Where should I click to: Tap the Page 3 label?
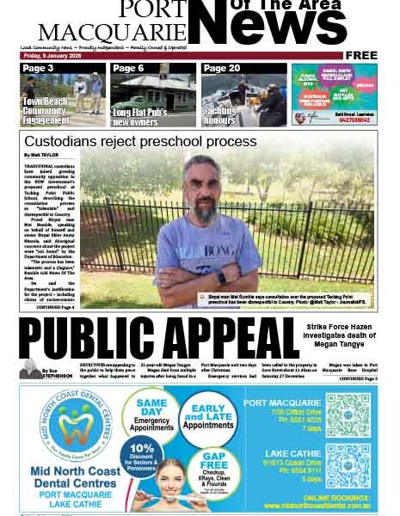coord(39,69)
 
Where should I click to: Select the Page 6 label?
coord(129,69)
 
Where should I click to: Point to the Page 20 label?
coord(222,69)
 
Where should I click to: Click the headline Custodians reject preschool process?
coord(140,141)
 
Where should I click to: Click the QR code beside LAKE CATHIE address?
coord(347,465)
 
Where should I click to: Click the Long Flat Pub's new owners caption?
coord(140,116)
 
